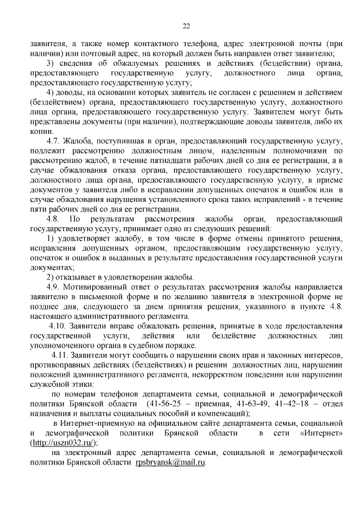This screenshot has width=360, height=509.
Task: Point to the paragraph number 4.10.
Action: point(60,326)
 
